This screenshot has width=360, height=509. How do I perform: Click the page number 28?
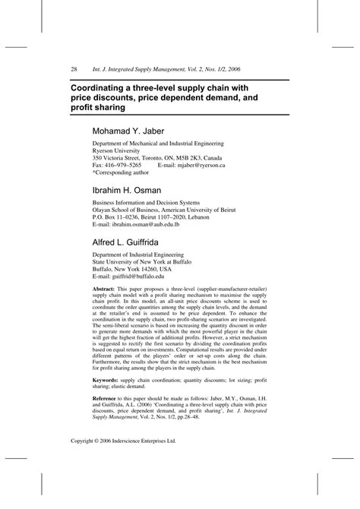[74, 69]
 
